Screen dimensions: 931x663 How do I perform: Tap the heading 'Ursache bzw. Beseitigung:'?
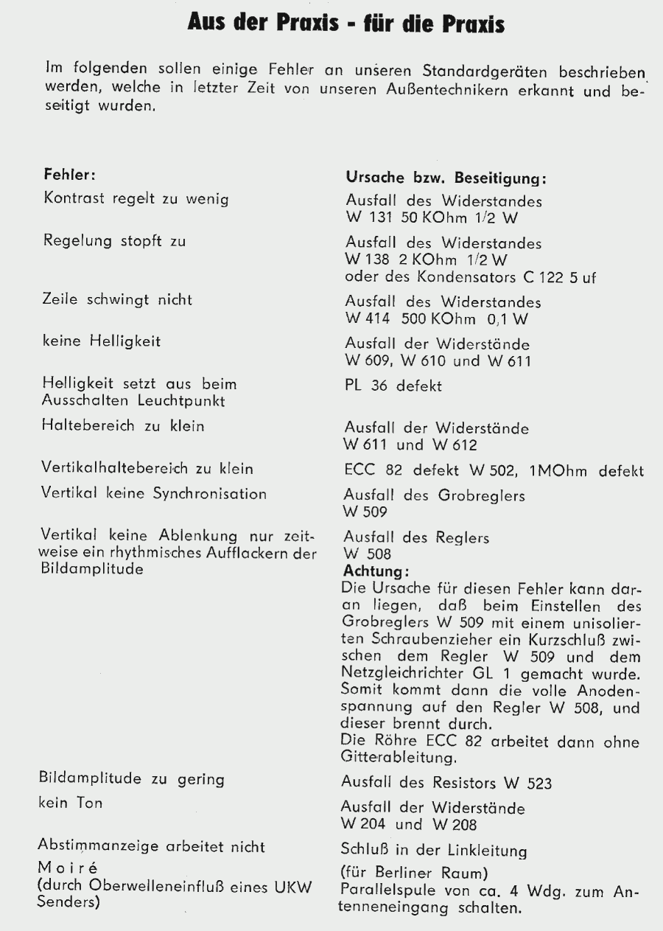[x=445, y=179]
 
